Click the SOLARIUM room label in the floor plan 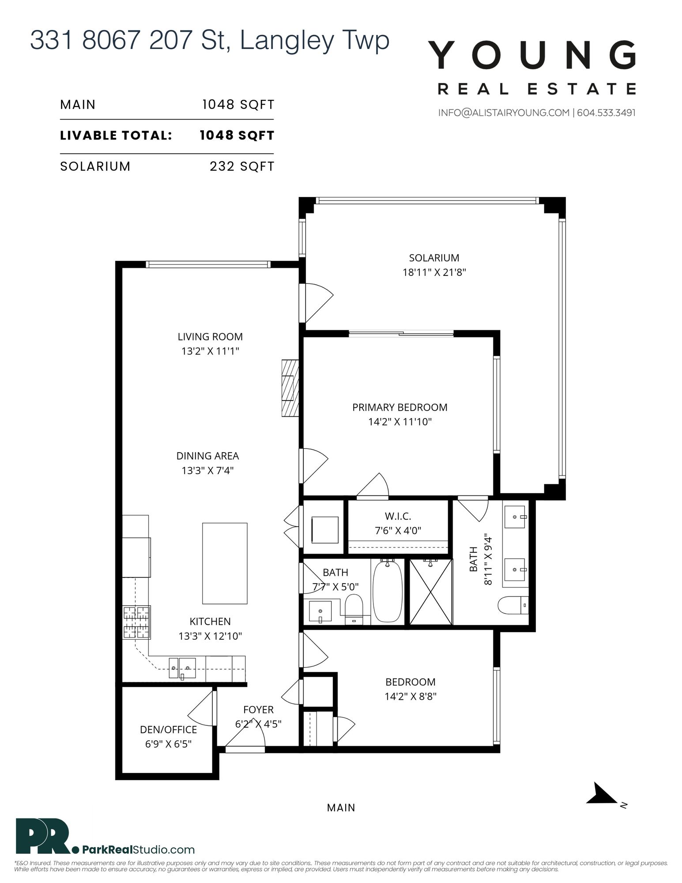434,258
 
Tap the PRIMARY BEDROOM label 399,407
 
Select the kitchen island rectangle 225,563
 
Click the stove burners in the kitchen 136,622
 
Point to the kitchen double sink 182,668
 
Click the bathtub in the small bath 388,591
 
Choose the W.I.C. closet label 398,516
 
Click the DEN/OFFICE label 168,729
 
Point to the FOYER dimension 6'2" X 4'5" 258,724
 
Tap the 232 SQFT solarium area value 242,166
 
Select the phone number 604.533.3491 606,113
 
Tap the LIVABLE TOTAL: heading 116,136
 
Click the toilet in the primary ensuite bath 513,605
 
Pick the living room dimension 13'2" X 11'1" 210,351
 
